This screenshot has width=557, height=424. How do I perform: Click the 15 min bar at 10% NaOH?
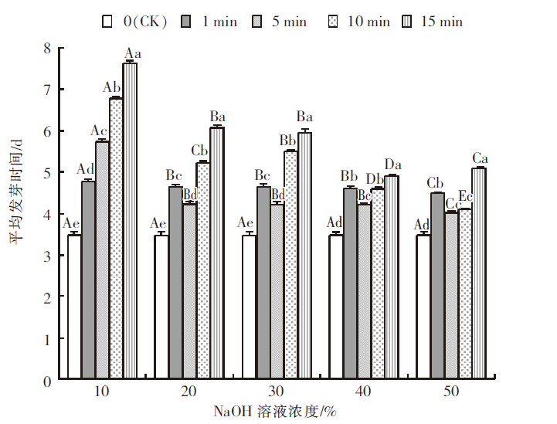tap(130, 221)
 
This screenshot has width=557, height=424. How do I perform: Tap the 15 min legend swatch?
tap(406, 21)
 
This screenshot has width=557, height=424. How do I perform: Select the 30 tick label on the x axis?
tap(276, 392)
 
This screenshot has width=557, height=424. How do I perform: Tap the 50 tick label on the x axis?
tap(450, 392)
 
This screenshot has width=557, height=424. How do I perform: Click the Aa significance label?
tap(133, 53)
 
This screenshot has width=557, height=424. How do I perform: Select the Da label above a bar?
tap(392, 165)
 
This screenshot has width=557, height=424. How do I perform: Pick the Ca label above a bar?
tap(480, 158)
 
